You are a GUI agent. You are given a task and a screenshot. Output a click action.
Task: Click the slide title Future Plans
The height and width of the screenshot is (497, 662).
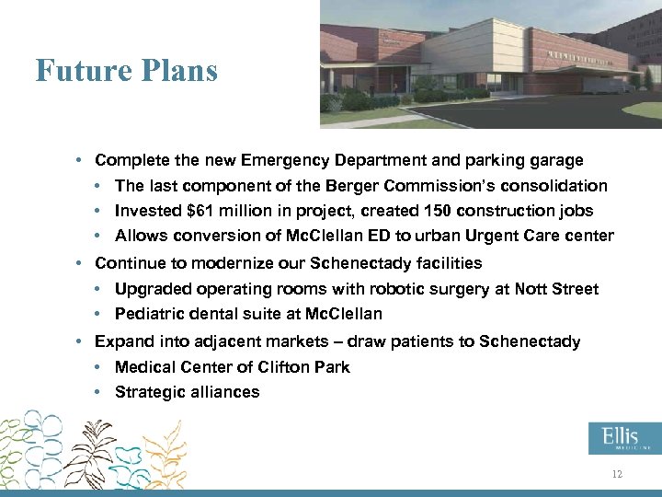pos(127,70)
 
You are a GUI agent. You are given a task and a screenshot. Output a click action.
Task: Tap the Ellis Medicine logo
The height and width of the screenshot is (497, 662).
pos(624,439)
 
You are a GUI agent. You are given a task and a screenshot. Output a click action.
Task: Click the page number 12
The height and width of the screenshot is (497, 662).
pos(617,474)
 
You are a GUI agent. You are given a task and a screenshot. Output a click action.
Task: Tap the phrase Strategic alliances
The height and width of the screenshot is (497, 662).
pos(187,392)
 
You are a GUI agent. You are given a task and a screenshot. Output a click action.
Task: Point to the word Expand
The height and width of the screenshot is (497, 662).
pos(121,341)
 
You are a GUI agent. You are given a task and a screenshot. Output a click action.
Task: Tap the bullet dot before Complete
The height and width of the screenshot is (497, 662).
pos(81,160)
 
